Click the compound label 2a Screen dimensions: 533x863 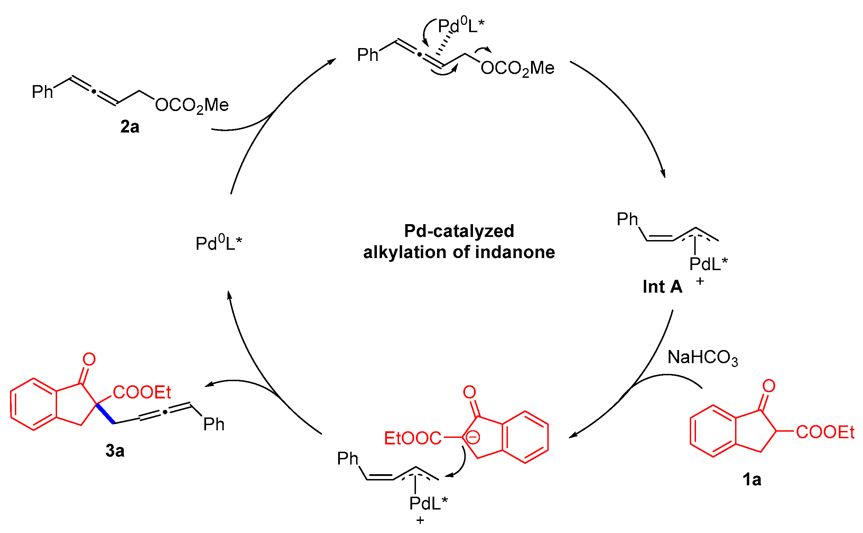130,127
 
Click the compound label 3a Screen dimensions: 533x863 115,451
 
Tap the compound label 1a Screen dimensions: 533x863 752,480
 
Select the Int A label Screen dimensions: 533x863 662,287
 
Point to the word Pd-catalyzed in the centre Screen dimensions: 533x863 459,231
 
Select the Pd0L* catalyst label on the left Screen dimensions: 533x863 219,243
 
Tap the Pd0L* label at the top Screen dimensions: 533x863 461,26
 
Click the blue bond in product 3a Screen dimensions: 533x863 105,414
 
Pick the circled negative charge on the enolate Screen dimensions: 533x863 473,438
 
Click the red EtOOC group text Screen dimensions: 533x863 412,438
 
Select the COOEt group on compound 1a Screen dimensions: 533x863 825,432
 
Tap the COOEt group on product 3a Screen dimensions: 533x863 142,392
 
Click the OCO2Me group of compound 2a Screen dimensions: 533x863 192,105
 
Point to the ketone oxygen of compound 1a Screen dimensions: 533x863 769,386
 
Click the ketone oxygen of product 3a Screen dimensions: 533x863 89,359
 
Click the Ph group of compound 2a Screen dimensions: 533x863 42,92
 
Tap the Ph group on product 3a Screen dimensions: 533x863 214,424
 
